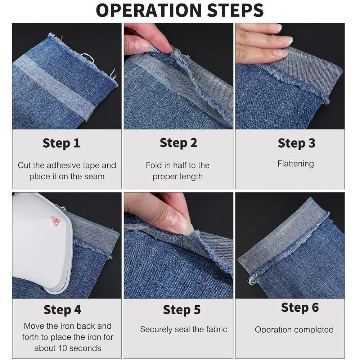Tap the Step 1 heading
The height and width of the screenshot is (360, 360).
[x=61, y=143]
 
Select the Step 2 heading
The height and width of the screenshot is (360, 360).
[x=179, y=143]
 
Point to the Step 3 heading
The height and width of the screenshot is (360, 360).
[x=296, y=143]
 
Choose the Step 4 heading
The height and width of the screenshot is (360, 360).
[x=62, y=310]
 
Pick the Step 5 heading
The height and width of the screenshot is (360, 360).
[x=181, y=310]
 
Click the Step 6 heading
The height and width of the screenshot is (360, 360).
[x=300, y=307]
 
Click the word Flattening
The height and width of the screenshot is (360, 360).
[x=296, y=164]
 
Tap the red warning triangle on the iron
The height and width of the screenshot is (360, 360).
[x=55, y=221]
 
